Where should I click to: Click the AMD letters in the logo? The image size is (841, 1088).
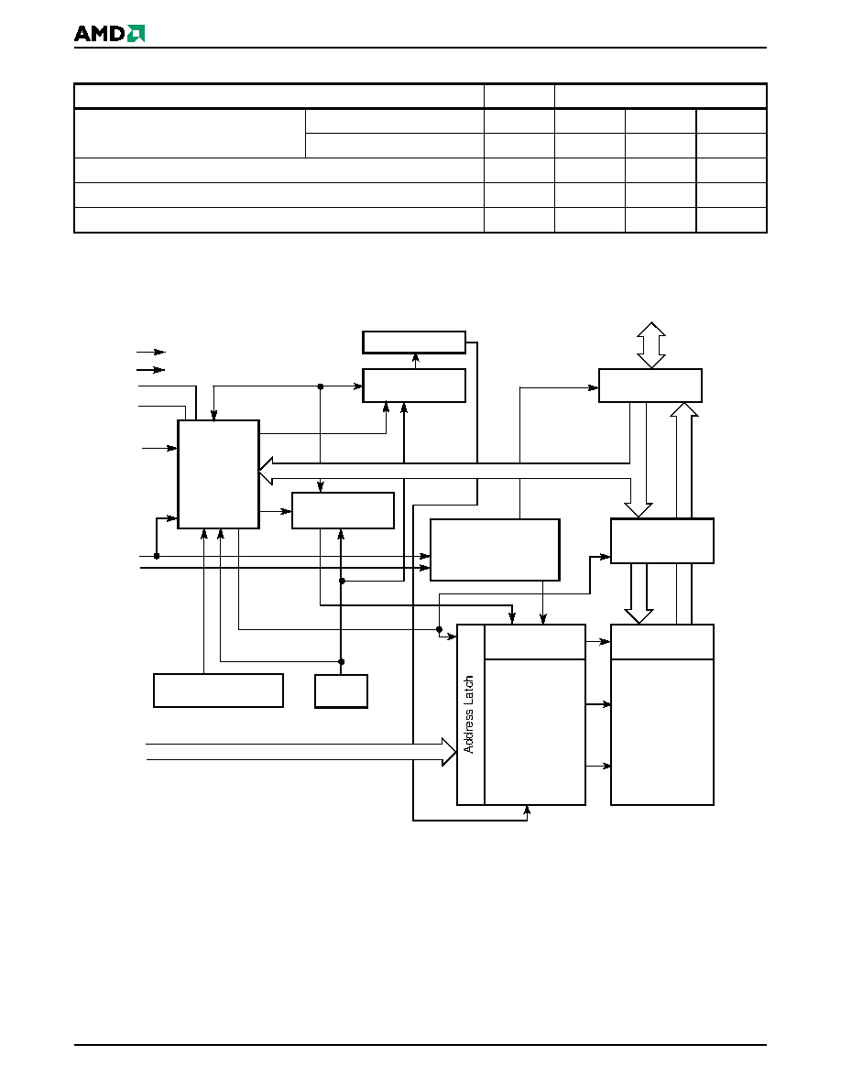(100, 33)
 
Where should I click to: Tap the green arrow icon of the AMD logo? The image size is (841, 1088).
(136, 33)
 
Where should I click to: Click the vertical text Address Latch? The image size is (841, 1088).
(469, 714)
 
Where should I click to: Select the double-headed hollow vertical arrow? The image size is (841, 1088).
(650, 345)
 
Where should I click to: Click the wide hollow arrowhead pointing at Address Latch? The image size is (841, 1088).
(449, 752)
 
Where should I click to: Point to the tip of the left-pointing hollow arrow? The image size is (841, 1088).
(259, 471)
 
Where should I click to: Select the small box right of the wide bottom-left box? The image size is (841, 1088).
(341, 691)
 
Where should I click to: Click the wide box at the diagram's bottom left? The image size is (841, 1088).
(218, 691)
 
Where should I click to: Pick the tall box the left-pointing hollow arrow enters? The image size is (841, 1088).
(219, 474)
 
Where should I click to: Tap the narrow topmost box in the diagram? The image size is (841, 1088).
(413, 343)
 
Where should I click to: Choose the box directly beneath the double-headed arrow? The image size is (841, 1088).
(650, 386)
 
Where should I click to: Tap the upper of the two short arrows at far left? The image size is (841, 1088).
(151, 352)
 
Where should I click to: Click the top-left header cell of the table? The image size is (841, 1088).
(279, 96)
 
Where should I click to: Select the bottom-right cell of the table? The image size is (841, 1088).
(731, 220)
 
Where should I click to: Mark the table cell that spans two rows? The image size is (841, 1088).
(190, 133)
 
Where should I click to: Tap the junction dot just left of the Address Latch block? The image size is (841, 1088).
(439, 629)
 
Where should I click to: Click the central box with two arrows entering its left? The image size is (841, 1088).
(495, 549)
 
